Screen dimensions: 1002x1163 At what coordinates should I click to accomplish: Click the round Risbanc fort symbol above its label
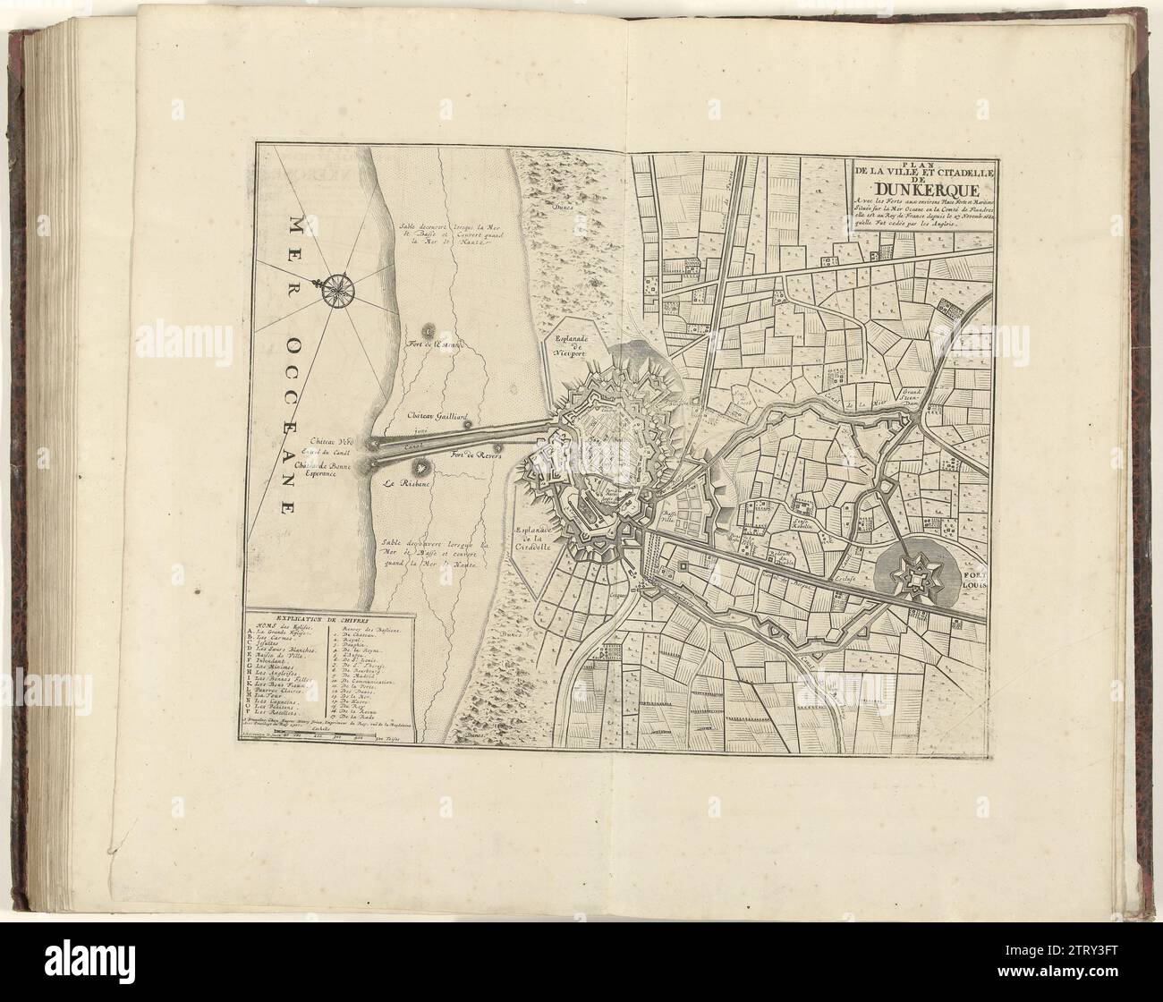pyautogui.click(x=419, y=466)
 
